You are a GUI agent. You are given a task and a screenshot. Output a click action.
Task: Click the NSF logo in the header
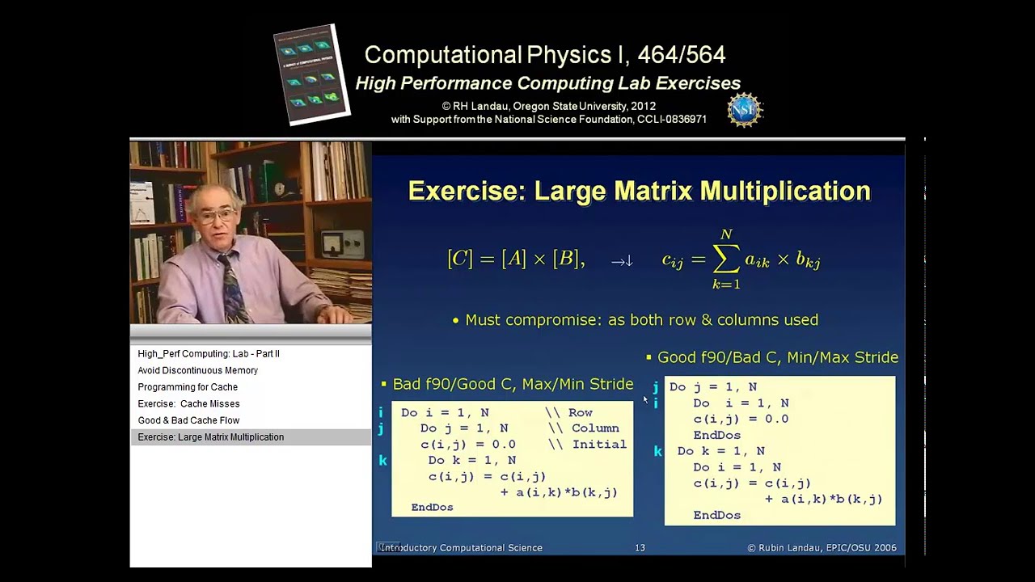pos(745,109)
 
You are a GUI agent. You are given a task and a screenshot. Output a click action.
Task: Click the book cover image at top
pos(312,74)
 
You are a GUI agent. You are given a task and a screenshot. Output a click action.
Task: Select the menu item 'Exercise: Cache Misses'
pos(188,403)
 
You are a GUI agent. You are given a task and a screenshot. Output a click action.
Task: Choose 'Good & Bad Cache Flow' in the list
pos(188,420)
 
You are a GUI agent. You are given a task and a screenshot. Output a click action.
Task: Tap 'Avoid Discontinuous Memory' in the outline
pos(197,370)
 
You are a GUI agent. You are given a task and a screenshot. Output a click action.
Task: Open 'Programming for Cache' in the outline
pos(188,387)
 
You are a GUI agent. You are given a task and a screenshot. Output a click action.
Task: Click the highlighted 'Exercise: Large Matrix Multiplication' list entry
pos(210,437)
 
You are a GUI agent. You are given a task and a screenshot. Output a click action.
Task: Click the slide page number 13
pos(640,548)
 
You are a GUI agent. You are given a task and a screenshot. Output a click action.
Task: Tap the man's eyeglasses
pos(215,216)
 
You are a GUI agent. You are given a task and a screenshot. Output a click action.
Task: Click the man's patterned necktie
pos(232,287)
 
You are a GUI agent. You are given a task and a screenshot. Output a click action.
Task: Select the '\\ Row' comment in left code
pos(569,412)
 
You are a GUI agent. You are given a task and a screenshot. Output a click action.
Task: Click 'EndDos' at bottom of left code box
pos(432,507)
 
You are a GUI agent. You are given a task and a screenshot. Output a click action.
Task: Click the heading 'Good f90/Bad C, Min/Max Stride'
pos(777,357)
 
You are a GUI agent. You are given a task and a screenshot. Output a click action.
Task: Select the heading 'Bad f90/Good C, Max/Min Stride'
pos(513,384)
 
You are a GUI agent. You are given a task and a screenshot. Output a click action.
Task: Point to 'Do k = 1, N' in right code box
pos(720,451)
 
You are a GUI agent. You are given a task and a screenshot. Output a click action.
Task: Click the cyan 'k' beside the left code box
pos(382,461)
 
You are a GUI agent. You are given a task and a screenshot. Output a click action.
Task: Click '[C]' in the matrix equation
pos(459,259)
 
